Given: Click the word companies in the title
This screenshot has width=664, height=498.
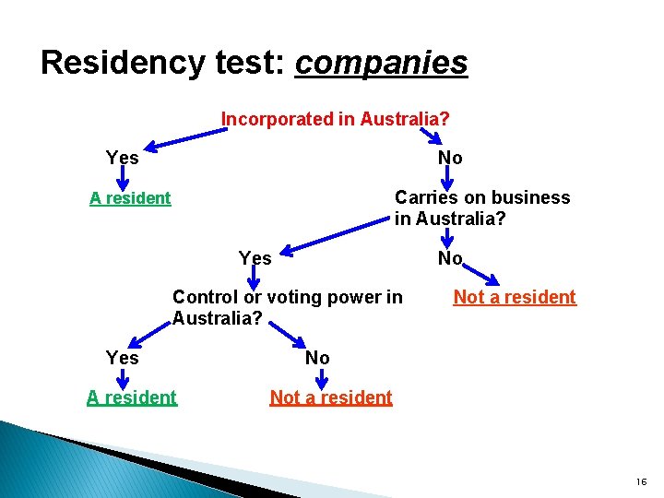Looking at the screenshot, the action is [381, 63].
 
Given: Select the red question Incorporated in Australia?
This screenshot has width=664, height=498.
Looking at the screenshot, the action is [336, 119].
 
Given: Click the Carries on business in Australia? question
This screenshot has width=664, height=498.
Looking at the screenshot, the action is [481, 208].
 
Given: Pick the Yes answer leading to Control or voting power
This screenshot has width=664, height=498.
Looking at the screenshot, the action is [255, 258].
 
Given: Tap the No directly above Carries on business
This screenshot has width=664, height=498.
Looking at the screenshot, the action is [450, 158].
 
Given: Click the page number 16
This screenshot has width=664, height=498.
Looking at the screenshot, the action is [641, 481].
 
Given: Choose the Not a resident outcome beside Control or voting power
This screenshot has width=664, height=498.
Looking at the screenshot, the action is [515, 297].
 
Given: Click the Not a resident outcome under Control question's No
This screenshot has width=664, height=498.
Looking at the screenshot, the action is [330, 397].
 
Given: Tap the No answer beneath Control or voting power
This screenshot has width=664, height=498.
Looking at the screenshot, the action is [317, 357].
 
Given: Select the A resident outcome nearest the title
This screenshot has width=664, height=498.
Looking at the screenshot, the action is [130, 197].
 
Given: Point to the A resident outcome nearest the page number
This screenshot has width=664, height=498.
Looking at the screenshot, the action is [131, 397].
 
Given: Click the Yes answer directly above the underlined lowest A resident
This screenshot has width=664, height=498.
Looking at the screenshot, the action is [122, 357].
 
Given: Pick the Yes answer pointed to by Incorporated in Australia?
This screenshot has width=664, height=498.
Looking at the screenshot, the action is [122, 158].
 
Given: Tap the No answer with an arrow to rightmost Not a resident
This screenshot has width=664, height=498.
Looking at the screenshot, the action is [450, 258].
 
